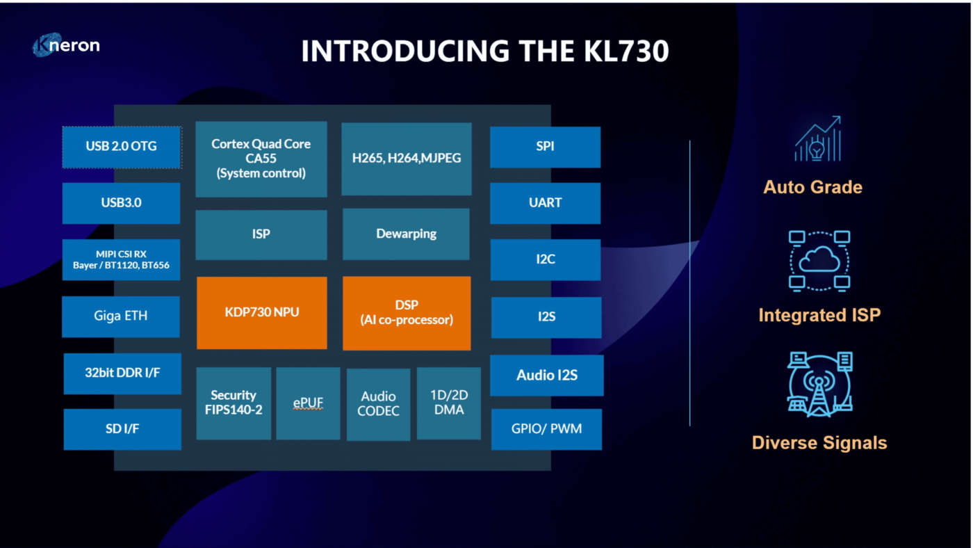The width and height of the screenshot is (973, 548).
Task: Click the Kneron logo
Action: click(x=67, y=46)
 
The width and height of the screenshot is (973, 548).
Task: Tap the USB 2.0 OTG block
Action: click(x=122, y=147)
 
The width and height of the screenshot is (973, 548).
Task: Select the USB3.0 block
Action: click(x=122, y=203)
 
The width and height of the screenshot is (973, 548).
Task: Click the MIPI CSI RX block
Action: click(x=122, y=259)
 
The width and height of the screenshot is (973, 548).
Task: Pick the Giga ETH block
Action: click(x=122, y=316)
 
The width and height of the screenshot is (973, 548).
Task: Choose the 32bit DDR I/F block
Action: click(x=122, y=373)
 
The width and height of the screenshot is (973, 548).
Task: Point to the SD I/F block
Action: click(x=122, y=429)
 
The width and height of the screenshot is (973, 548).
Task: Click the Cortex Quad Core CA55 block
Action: click(x=261, y=159)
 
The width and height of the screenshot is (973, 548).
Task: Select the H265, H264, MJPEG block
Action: click(x=407, y=159)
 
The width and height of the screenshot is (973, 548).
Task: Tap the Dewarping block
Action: click(x=407, y=234)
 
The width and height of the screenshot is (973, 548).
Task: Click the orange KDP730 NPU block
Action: click(x=262, y=312)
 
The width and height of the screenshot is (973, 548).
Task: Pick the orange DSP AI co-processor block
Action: click(x=407, y=312)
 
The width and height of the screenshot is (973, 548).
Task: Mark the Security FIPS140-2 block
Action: click(x=234, y=403)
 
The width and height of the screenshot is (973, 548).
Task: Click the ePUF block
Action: click(x=308, y=403)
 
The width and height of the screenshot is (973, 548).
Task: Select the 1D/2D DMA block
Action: click(x=449, y=403)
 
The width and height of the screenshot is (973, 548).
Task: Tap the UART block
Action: click(x=546, y=203)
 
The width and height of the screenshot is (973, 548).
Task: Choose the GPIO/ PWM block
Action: click(x=546, y=429)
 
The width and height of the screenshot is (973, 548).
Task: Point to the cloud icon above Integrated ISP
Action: click(x=819, y=260)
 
